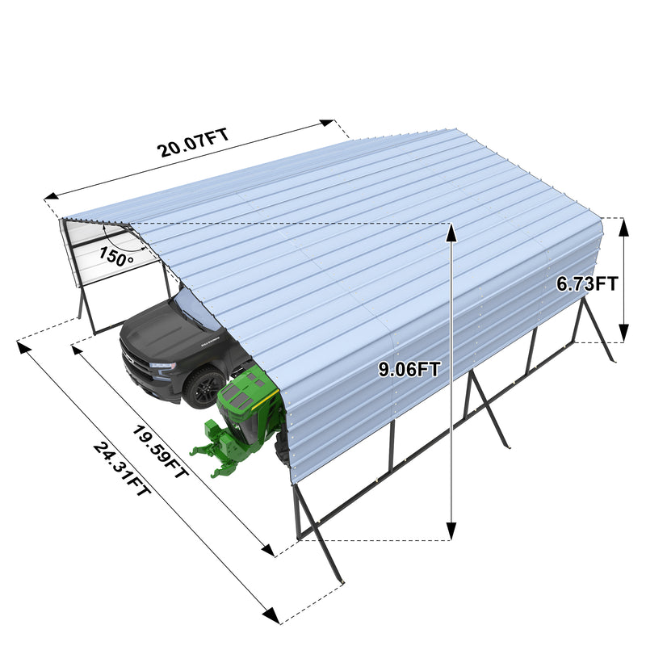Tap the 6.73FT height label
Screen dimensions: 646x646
click(x=587, y=283)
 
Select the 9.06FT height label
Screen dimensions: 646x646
click(x=409, y=370)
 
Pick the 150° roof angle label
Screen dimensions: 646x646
click(x=116, y=257)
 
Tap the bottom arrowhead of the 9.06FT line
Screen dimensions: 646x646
click(x=451, y=532)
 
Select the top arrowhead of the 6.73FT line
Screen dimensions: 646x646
click(x=623, y=225)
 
